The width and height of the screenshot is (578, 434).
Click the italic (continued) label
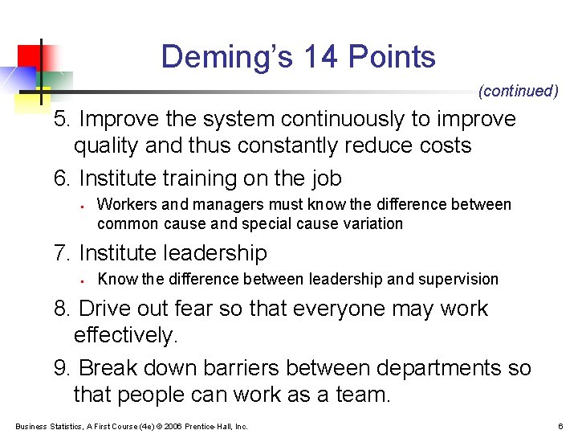518,92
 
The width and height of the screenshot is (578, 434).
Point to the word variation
371,223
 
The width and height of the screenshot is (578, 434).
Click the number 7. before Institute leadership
63,253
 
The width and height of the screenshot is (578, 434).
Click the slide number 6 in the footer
560,426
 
